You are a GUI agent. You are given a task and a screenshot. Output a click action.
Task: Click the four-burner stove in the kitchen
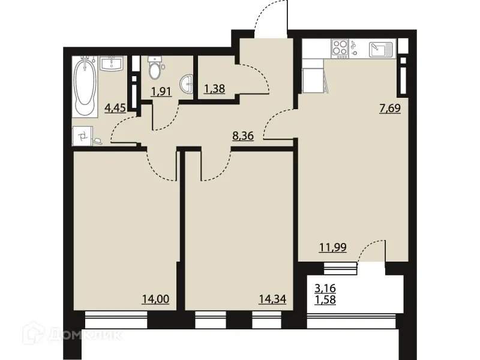point(340,47)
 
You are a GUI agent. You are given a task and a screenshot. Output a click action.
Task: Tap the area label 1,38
point(215,89)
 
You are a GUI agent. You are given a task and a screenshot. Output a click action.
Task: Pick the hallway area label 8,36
point(244,136)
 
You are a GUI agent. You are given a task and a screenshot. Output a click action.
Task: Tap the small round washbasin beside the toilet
point(189,85)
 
